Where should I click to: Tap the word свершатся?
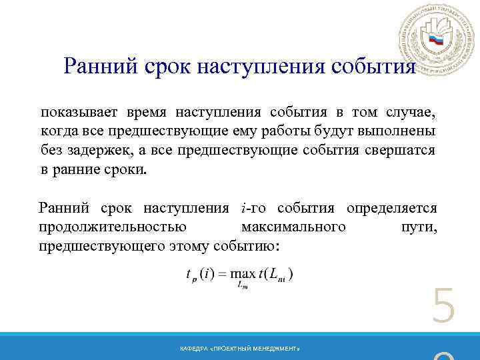[x=400, y=150]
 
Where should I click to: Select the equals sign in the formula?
[x=224, y=274]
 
